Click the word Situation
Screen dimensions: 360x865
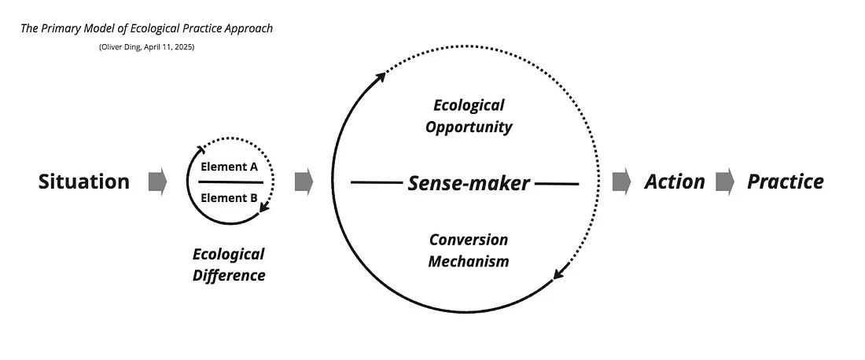point(84,182)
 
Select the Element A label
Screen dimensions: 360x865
point(229,167)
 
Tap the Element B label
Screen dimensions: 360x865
point(229,197)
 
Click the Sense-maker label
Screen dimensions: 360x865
point(469,183)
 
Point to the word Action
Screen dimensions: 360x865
point(675,182)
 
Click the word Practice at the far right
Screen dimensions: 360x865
point(785,182)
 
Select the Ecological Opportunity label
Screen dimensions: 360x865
point(469,116)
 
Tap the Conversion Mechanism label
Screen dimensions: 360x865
point(469,250)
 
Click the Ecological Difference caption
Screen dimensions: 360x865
point(229,264)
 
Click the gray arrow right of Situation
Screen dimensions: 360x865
point(158,182)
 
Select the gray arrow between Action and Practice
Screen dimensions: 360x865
point(725,182)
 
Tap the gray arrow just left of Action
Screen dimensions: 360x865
point(622,182)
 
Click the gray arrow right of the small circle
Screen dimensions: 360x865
point(304,182)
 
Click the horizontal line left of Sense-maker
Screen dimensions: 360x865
point(376,183)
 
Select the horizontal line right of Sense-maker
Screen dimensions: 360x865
point(557,183)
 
